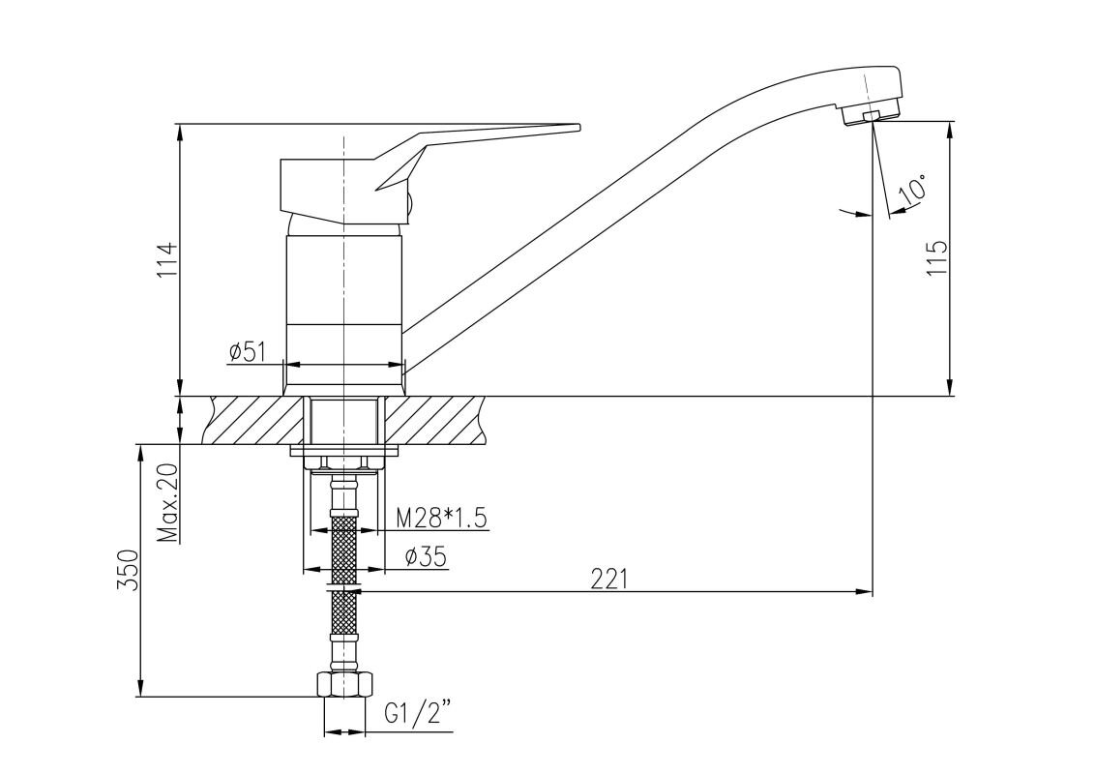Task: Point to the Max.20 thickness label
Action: pyautogui.click(x=167, y=503)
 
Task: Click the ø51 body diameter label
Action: pyautogui.click(x=248, y=352)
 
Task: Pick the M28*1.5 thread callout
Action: pyautogui.click(x=441, y=518)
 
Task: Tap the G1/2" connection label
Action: pyautogui.click(x=418, y=714)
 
